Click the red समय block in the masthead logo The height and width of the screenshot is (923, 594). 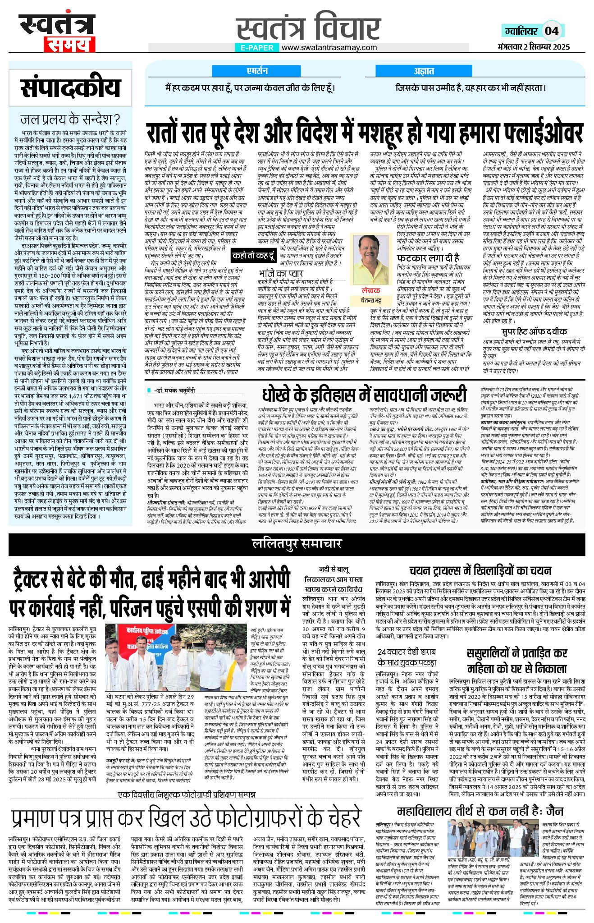coord(69,45)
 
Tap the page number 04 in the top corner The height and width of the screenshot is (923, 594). coord(552,31)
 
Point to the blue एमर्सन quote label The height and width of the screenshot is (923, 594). coord(257,71)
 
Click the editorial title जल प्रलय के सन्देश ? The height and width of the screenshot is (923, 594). coord(70,119)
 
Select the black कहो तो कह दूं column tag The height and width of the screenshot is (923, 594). coord(254,255)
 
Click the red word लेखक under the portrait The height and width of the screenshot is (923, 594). coord(370,291)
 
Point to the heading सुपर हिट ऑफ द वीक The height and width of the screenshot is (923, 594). coord(535,319)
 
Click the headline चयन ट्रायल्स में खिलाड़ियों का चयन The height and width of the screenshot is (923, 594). coord(480,570)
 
